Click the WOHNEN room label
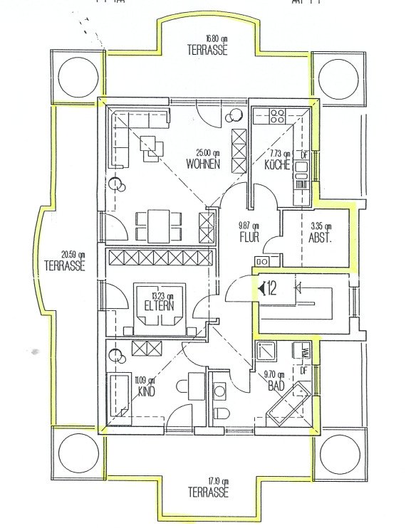tap(203, 164)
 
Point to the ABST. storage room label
tap(320, 239)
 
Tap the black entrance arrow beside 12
tap(262, 288)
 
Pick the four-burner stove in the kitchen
tap(276, 114)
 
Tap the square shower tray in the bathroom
tap(268, 352)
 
